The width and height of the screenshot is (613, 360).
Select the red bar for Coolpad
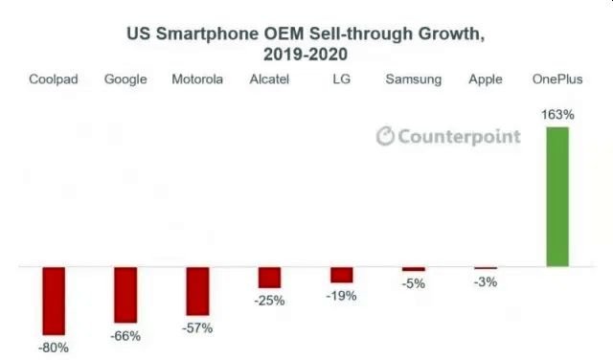tap(54, 300)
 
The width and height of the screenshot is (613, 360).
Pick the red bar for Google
tap(125, 295)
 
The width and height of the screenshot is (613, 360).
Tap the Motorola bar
tap(197, 291)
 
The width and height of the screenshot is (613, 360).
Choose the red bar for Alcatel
tap(269, 277)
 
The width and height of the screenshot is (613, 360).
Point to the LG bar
tap(341, 275)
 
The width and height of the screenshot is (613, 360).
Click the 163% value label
tap(557, 115)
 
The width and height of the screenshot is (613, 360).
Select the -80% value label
tap(53, 348)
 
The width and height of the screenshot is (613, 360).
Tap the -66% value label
tap(125, 336)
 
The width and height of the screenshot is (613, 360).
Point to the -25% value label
tap(269, 301)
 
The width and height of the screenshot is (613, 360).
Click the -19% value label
tap(341, 296)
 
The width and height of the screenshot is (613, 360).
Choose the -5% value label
tap(413, 284)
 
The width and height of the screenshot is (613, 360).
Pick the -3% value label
tap(486, 281)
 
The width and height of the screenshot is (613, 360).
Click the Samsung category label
tap(413, 79)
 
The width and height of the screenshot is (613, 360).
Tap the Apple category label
tap(486, 79)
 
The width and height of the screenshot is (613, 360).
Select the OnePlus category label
tap(557, 79)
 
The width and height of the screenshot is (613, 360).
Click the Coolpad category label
tap(54, 79)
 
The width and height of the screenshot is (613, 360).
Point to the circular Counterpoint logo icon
tap(385, 136)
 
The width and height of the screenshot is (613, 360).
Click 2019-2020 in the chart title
tap(306, 54)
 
